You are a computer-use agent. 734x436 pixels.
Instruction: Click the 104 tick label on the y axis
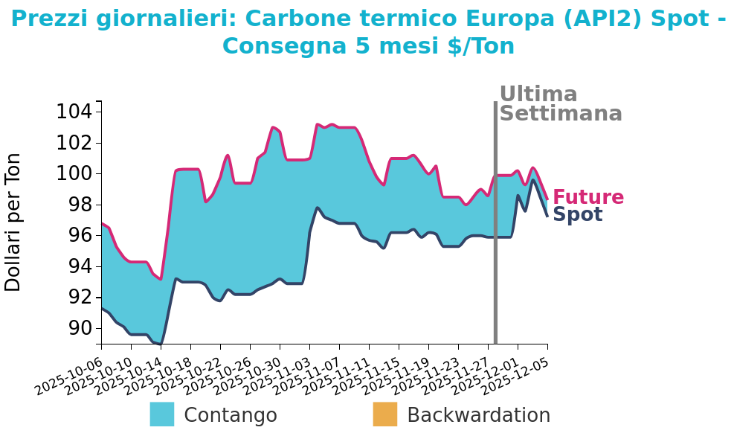[x=74, y=112]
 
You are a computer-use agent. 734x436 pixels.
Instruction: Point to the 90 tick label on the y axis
[x=74, y=328]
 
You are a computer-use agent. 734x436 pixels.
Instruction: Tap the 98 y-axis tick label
[x=74, y=205]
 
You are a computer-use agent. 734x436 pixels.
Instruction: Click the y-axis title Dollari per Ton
[x=13, y=222]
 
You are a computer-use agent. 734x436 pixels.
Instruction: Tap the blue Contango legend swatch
[x=161, y=414]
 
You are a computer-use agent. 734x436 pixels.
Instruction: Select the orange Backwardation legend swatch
[x=384, y=414]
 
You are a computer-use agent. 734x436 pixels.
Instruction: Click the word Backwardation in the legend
[x=478, y=415]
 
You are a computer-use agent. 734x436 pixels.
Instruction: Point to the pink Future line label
[x=587, y=197]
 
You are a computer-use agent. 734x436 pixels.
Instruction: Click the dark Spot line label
[x=577, y=215]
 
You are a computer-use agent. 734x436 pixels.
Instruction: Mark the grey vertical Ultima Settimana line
[x=495, y=223]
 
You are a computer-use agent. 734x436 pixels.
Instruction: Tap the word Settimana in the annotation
[x=560, y=114]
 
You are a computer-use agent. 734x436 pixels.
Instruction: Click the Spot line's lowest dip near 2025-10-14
[x=161, y=344]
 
